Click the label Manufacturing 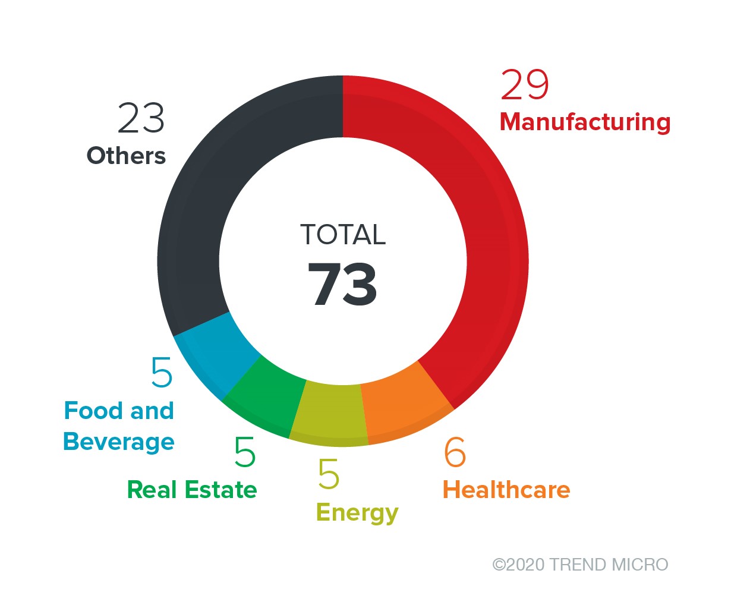[x=585, y=122]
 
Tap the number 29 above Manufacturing [x=525, y=86]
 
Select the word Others [x=126, y=156]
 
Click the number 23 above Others [x=141, y=118]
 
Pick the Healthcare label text [x=506, y=490]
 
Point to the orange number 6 [x=455, y=452]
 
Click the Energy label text [x=357, y=513]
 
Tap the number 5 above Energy [x=329, y=474]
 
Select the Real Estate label [x=192, y=490]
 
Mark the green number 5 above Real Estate [x=245, y=452]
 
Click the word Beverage [x=119, y=442]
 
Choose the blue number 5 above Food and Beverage [x=162, y=373]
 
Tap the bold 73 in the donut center [x=343, y=285]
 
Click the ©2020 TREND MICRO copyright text [x=580, y=564]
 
